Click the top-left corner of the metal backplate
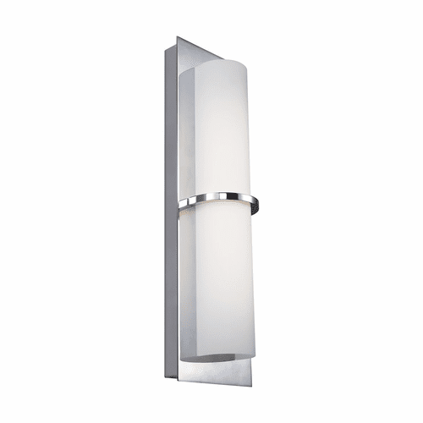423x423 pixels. coord(176,36)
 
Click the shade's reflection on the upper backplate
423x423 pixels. coord(189,127)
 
